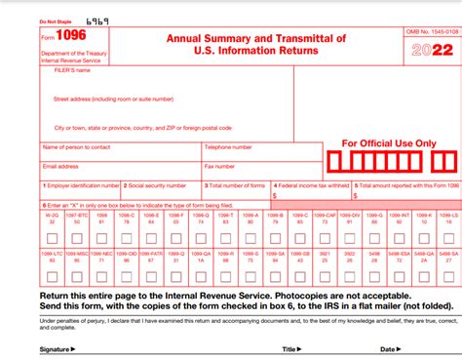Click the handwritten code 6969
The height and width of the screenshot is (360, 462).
[97, 20]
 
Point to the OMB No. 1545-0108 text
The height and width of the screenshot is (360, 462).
[430, 32]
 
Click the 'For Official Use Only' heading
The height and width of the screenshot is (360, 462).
[389, 142]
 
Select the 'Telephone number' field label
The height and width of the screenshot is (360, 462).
[229, 147]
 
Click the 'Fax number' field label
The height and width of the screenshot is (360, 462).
[221, 166]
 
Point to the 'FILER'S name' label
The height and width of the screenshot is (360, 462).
[72, 70]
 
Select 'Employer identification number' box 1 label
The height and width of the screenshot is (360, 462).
[83, 184]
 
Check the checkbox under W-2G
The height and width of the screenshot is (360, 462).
[50, 238]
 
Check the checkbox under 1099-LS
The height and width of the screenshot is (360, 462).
[449, 238]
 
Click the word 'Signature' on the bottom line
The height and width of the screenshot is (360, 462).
[55, 348]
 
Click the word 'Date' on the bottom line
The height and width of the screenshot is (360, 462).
[387, 348]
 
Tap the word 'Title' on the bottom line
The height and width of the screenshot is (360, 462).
[289, 348]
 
